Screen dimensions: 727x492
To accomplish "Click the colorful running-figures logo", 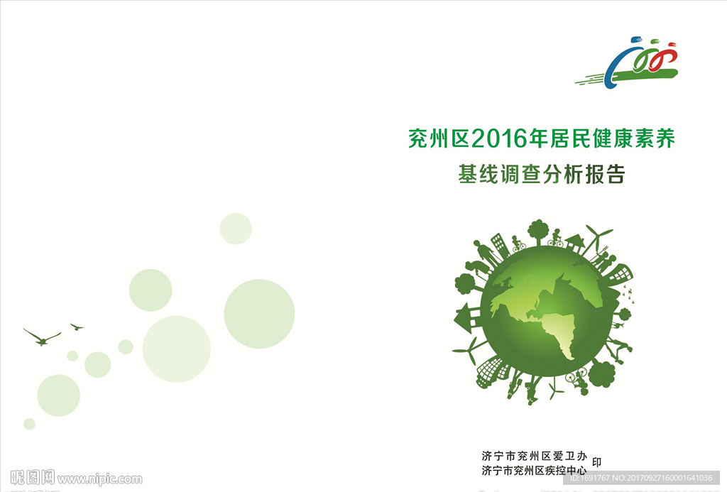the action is [627, 63].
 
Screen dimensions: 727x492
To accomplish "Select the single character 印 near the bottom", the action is [596, 462].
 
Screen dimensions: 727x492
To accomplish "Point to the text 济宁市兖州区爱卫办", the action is [534, 456].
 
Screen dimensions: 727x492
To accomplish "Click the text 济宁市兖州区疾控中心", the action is [534, 470].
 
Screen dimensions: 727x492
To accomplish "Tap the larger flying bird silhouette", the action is [42, 337].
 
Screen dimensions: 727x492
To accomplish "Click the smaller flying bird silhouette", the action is [77, 327].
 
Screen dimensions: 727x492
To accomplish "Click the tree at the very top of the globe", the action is [538, 231].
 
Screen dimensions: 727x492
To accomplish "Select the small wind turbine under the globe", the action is [554, 388].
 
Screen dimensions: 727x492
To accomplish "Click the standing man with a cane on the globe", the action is [484, 253].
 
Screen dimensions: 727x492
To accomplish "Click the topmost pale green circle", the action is [236, 229].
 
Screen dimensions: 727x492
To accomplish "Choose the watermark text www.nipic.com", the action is [100, 479].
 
